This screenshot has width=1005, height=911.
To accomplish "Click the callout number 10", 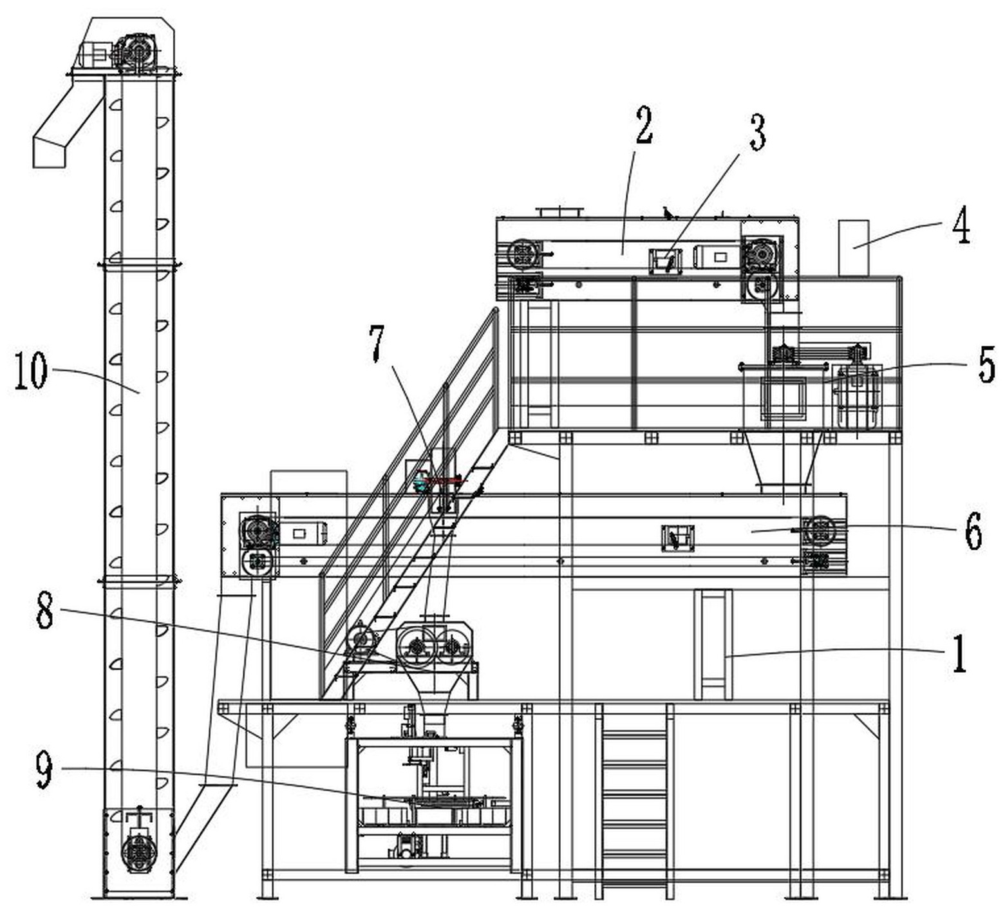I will tap(30, 371).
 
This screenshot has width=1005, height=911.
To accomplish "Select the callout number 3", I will tap(757, 133).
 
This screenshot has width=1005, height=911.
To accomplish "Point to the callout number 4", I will tap(961, 227).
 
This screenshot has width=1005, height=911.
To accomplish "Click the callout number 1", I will tap(959, 653).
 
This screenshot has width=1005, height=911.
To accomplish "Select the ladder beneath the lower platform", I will tap(634, 798).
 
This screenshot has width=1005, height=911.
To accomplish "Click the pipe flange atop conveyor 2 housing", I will tap(559, 212).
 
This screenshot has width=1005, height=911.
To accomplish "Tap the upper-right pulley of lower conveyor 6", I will tap(820, 531).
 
